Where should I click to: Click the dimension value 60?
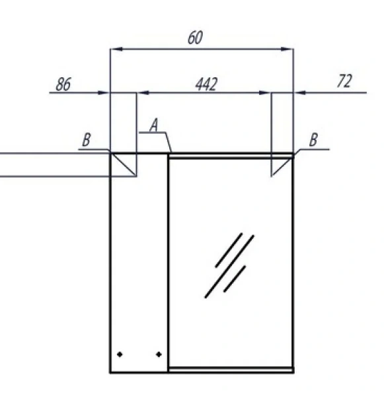coord(195,38)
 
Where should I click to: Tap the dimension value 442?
coord(206,84)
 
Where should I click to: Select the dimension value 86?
coord(63,84)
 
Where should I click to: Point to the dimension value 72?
coord(344,81)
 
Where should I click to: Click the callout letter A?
coord(154,125)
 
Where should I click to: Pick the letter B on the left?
coord(87,140)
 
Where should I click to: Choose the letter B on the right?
coord(313,140)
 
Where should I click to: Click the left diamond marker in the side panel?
coord(120,354)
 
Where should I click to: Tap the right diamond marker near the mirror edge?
coord(159,354)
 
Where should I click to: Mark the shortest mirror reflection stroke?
coord(235,279)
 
